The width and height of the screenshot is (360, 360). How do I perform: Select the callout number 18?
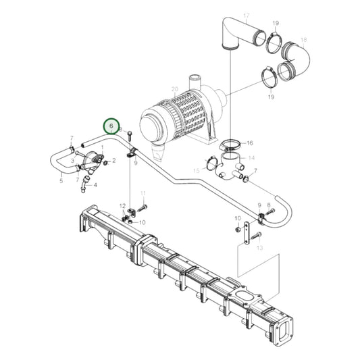303,40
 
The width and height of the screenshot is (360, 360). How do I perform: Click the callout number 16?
250,143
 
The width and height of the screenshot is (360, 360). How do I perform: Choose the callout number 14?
252,158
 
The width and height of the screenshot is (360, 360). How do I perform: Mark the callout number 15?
197,171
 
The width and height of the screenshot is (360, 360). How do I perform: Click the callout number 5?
61,180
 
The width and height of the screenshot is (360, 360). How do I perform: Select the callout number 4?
95,184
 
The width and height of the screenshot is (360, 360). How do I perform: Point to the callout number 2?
114,161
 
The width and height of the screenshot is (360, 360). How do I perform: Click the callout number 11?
143,194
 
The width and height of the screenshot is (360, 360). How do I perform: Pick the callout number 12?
122,205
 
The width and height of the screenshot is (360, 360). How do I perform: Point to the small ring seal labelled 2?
105,161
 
